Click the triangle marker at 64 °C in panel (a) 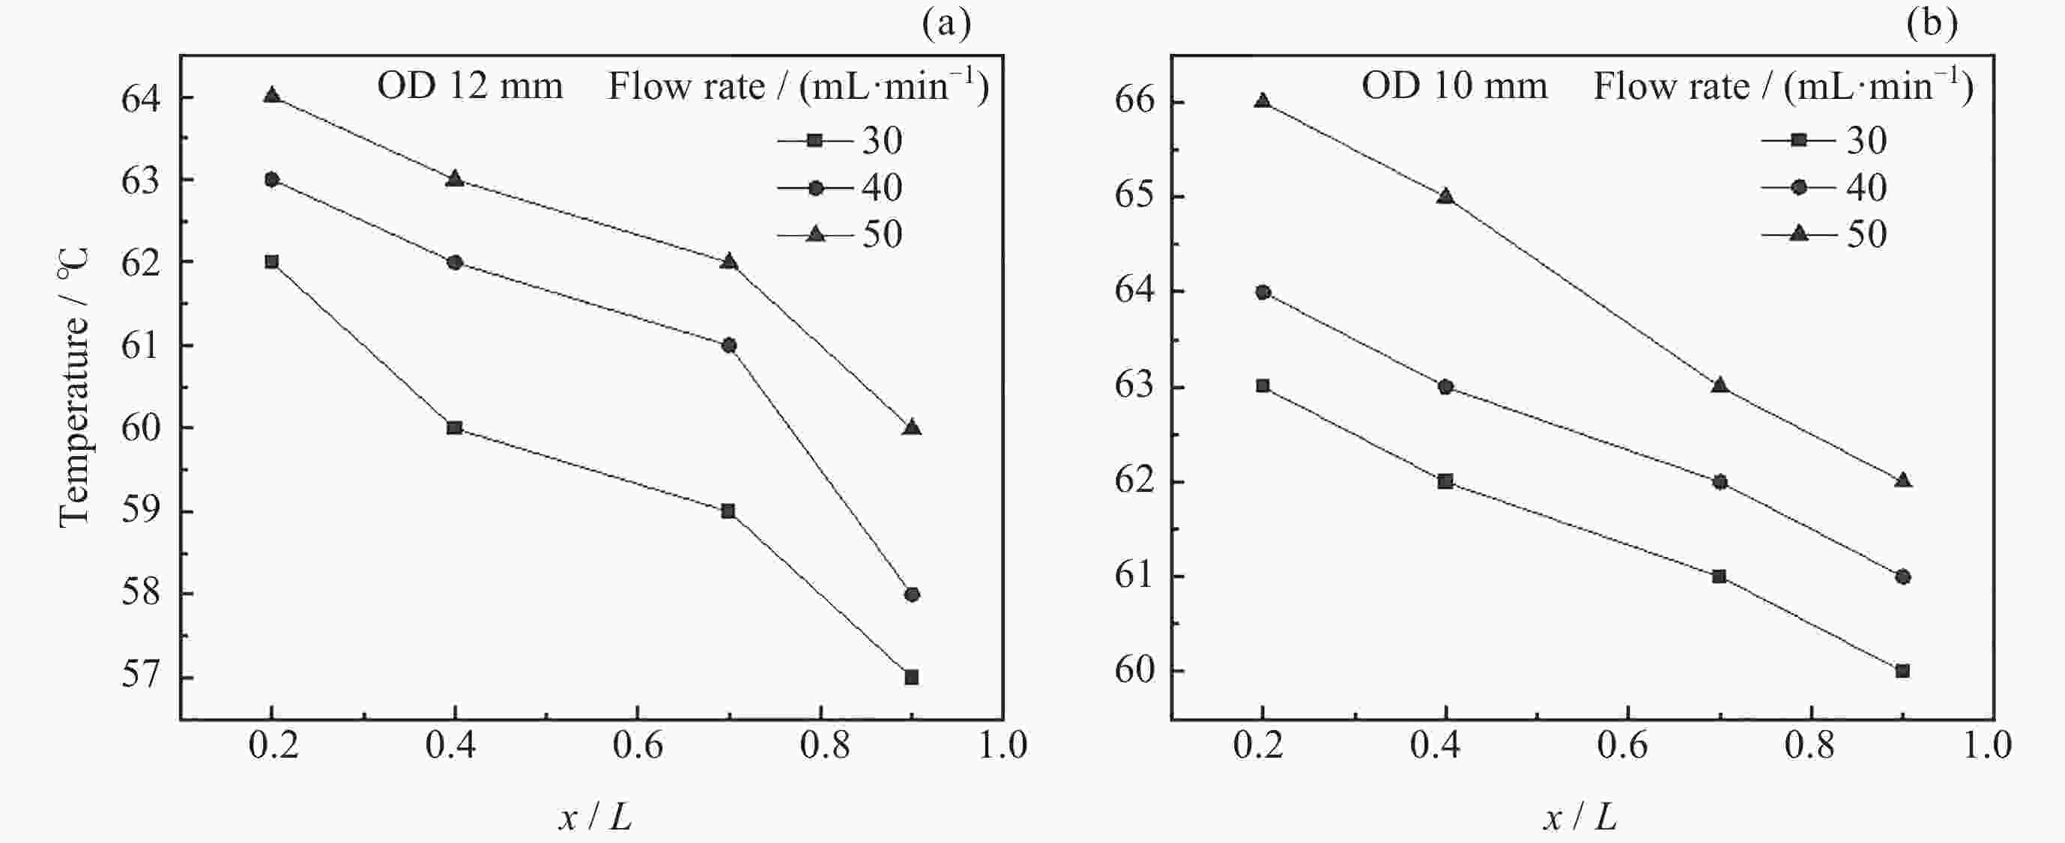272,96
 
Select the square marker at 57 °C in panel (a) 911,677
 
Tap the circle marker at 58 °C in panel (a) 911,594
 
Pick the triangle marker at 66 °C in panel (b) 1263,101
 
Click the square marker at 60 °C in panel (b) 1902,671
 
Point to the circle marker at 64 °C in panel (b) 1263,293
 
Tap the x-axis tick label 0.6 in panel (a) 638,746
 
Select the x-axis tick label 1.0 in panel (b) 1986,746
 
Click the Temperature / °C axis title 73,388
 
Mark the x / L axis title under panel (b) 1580,818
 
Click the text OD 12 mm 470,86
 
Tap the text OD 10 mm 1454,86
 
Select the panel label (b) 1932,23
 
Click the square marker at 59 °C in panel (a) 728,511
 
